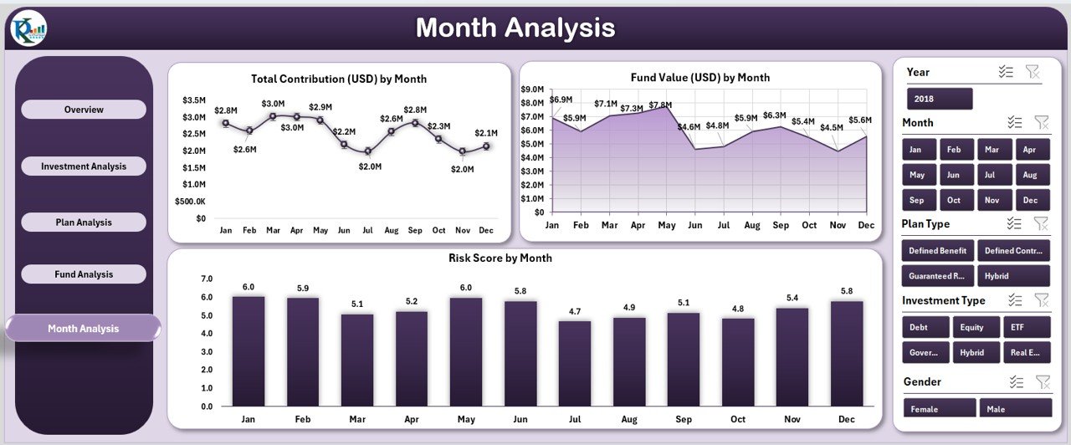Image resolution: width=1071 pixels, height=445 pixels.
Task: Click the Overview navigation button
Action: click(x=84, y=110)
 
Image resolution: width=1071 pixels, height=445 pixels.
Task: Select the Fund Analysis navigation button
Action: click(x=84, y=274)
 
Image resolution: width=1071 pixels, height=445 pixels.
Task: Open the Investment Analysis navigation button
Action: click(x=84, y=166)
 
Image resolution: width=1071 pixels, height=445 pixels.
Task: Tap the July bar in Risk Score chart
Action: click(x=575, y=363)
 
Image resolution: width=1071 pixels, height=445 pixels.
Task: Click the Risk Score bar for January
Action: click(x=249, y=350)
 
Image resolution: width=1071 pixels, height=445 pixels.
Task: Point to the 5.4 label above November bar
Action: click(x=792, y=298)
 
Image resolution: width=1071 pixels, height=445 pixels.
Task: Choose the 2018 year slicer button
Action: click(x=940, y=99)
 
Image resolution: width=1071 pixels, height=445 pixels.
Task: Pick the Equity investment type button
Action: click(x=972, y=327)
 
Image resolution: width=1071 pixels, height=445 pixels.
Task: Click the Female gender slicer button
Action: click(x=940, y=408)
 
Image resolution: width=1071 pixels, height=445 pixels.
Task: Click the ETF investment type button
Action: click(x=1025, y=327)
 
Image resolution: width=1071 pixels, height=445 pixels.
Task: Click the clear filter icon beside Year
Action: click(x=1033, y=72)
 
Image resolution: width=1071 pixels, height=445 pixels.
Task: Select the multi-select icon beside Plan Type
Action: click(x=1014, y=223)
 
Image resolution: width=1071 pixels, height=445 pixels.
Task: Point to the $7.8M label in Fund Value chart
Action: click(x=660, y=105)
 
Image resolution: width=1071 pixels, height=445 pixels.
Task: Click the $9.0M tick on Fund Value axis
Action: click(x=533, y=89)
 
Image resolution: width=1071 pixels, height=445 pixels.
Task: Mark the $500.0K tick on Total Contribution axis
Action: click(x=191, y=202)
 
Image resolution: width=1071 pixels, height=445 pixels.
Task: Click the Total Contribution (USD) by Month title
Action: click(x=339, y=79)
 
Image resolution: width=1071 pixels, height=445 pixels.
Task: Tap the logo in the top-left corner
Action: click(x=29, y=29)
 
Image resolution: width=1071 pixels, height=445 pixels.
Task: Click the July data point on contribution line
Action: click(x=368, y=151)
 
